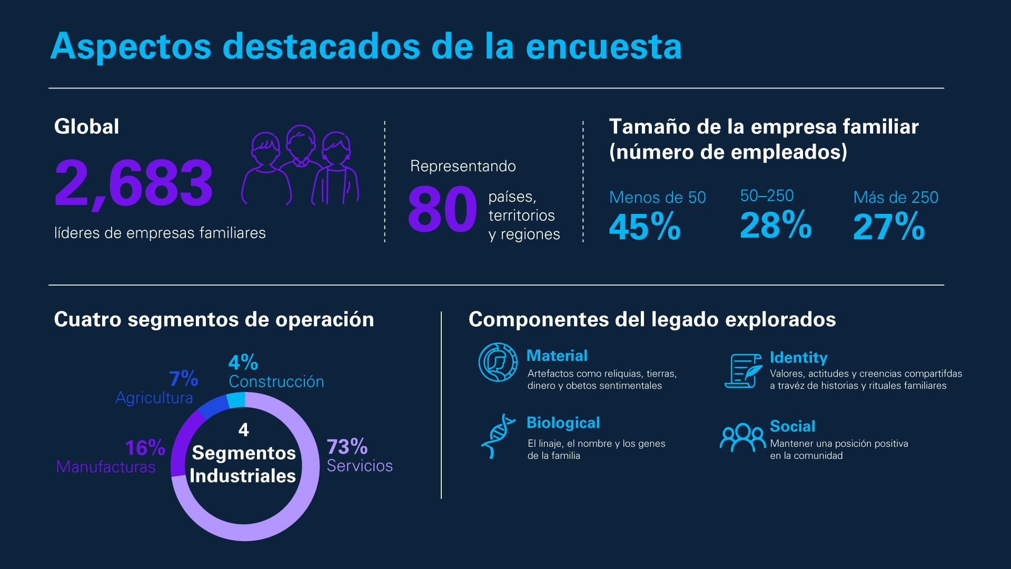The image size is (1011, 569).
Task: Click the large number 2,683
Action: coord(134,183)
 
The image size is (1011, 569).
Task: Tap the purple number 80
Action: coord(442,210)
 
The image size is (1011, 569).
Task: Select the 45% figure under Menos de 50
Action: coord(645,227)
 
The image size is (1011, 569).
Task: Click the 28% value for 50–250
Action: coord(776,225)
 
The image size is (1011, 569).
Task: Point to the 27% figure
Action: coord(889,227)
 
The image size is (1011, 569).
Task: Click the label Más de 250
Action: coord(895,198)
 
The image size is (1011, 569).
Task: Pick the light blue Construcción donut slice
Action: coord(236,400)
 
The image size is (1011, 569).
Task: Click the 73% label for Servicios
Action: coord(347,447)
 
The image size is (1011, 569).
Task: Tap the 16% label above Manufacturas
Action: coord(145,448)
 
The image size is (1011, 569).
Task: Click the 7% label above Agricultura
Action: coord(183,378)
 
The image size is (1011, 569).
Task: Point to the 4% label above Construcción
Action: coord(243,362)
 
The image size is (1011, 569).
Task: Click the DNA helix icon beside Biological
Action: coord(497,436)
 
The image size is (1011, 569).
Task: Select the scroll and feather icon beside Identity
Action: coord(743,370)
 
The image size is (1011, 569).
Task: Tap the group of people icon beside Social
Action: coord(742,437)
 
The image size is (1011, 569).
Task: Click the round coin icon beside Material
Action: coord(498,362)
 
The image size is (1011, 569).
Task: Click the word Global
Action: coord(86,127)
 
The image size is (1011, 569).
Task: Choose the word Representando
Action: coord(463,166)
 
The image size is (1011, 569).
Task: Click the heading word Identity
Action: coord(798,358)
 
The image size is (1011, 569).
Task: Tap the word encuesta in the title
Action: coord(603,46)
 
